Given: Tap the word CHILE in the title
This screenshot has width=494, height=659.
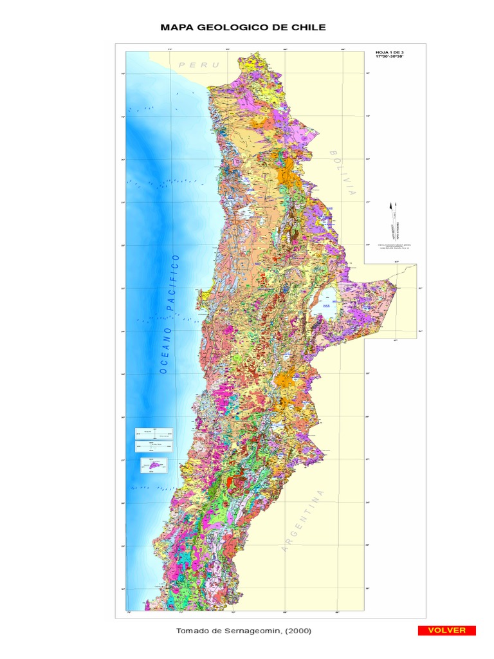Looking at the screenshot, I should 308,27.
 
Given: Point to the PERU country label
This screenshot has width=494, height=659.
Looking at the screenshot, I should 199,65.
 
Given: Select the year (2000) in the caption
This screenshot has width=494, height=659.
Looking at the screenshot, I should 300,631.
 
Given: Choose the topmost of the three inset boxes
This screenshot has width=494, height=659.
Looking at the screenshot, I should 154,434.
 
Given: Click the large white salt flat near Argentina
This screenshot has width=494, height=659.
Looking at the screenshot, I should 325,302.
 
